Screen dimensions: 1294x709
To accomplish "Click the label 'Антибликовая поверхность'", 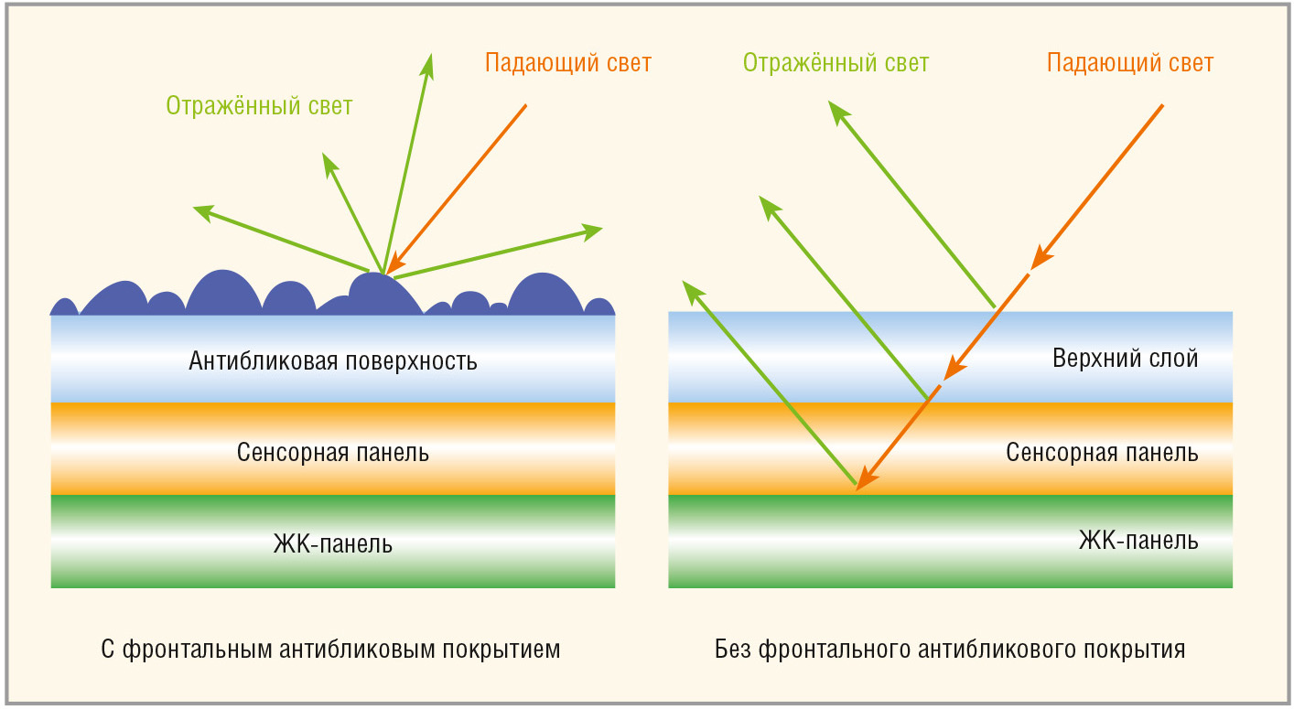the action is (333, 361).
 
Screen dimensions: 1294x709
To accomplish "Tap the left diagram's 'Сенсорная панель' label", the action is (333, 452).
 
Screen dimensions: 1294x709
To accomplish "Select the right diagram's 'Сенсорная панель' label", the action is (1102, 452).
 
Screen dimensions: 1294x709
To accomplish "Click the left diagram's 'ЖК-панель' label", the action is (333, 543).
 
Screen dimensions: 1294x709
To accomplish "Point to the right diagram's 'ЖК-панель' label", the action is (1138, 540).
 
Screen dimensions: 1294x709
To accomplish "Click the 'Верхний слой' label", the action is (1125, 359).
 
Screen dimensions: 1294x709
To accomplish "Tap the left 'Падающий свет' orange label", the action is (568, 63).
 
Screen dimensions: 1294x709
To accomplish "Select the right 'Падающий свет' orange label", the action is (1130, 63).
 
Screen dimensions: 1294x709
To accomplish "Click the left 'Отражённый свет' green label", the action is (259, 105).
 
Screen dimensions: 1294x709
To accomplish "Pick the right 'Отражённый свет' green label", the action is (836, 63).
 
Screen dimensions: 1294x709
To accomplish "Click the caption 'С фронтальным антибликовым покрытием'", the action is (330, 650).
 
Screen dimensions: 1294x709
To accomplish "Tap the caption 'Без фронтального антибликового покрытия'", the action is (950, 650).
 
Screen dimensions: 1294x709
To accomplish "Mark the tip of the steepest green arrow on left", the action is (430, 54).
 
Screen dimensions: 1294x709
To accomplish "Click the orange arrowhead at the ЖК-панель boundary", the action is (866, 478).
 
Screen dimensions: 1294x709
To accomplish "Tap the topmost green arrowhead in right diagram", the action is (837, 111).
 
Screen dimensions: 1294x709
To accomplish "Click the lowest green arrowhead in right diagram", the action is (692, 290).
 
